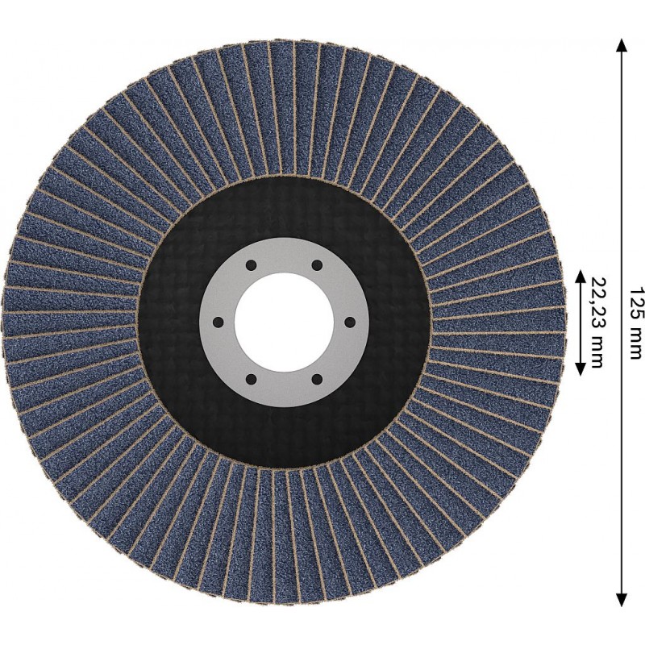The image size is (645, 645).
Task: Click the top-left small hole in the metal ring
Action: coord(252,265)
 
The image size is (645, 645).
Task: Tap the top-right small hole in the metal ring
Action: coord(316,265)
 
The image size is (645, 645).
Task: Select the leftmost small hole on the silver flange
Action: coord(218,322)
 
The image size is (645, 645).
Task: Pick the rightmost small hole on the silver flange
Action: coord(349,322)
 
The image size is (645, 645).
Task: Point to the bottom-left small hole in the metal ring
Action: coord(252,378)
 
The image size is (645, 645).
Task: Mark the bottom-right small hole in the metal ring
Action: coord(316,378)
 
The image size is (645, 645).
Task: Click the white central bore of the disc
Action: coord(284,322)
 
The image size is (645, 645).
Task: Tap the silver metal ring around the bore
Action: coord(284,255)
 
